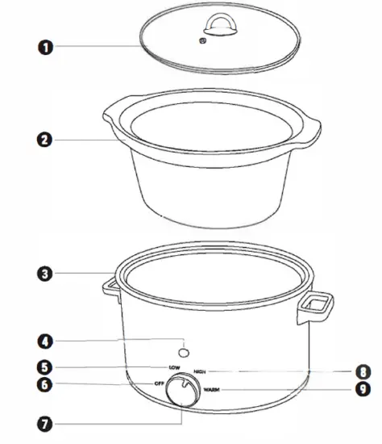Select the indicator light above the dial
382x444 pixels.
185,352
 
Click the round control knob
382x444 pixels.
185,393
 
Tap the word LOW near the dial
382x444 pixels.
175,368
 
